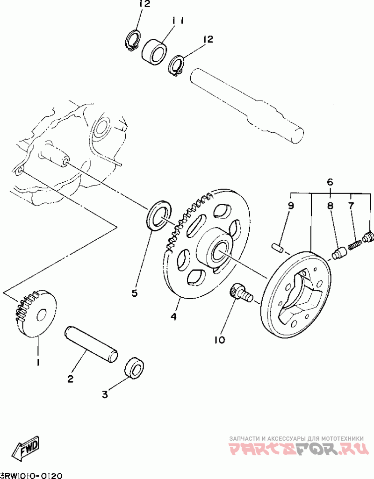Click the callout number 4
[173, 316]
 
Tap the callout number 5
[135, 293]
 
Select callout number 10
[220, 340]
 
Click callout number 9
[290, 205]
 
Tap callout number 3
[105, 394]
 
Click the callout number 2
[70, 379]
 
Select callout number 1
[38, 362]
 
